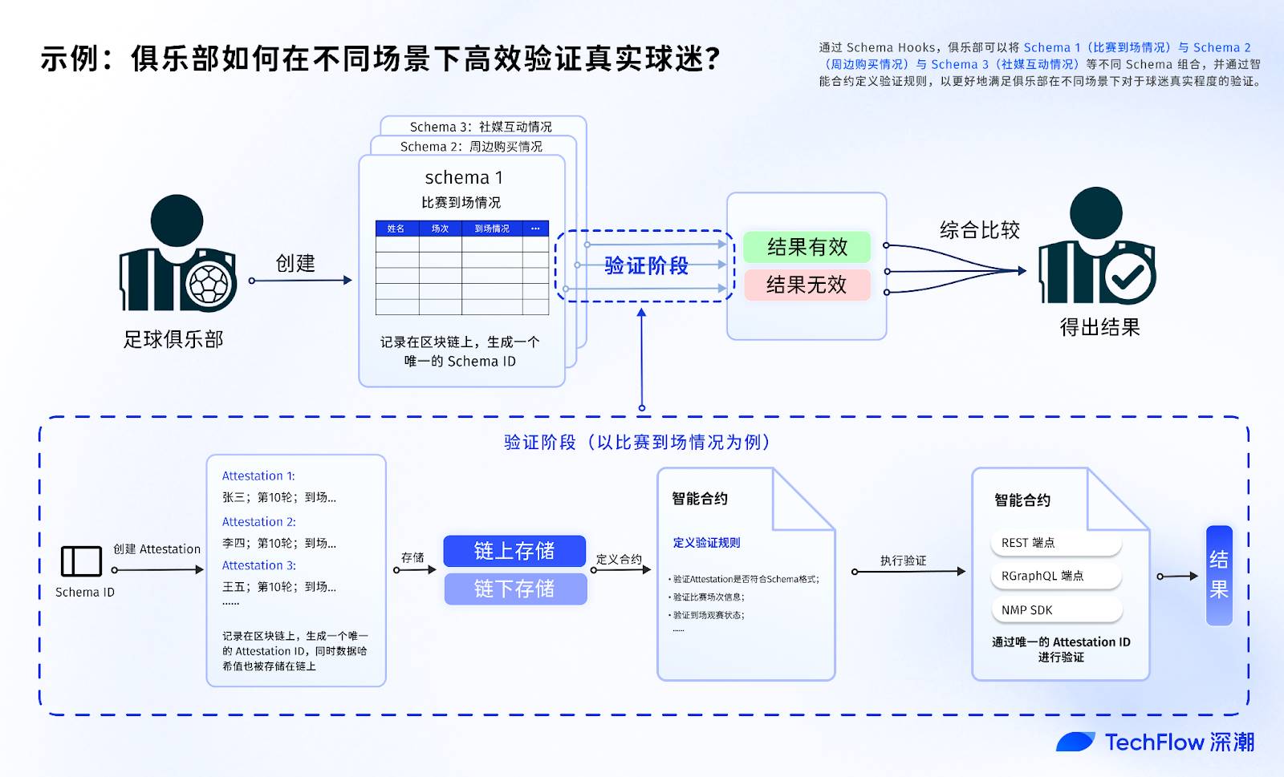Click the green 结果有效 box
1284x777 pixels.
click(x=807, y=247)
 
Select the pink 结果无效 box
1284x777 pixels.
click(x=807, y=285)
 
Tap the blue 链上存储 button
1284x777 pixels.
click(x=514, y=551)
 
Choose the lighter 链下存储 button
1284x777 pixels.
click(x=514, y=589)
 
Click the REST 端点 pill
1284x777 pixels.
click(x=1055, y=543)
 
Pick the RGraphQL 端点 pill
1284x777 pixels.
click(x=1055, y=576)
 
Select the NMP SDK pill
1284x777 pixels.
click(x=1055, y=610)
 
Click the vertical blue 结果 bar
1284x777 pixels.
click(x=1219, y=575)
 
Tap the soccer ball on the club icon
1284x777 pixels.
click(x=209, y=283)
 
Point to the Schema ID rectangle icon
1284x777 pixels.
click(x=81, y=561)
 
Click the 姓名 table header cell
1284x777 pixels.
click(x=396, y=229)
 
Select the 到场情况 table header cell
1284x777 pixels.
click(x=492, y=229)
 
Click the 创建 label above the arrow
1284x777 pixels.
click(x=295, y=263)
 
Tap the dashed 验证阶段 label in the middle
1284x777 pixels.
click(x=646, y=265)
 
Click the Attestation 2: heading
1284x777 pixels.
click(x=259, y=521)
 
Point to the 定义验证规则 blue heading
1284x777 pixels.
click(x=706, y=543)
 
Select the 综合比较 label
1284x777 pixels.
click(x=980, y=230)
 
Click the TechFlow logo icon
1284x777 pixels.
click(x=1075, y=742)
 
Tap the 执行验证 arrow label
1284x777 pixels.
click(x=903, y=560)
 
